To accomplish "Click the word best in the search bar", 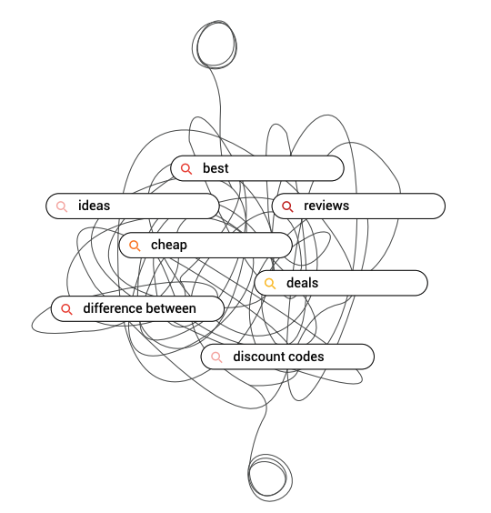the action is [215, 168].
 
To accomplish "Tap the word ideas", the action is [94, 206].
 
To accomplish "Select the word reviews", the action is [326, 206].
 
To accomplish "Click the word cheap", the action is [169, 245].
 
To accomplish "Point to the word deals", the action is [302, 283].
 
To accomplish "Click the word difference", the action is [112, 308].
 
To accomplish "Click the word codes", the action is [305, 357].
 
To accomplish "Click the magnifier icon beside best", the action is [186, 169].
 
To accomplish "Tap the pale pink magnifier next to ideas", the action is [62, 206].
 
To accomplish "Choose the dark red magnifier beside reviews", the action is [287, 206].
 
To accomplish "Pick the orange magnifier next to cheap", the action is [135, 246].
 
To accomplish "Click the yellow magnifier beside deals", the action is [270, 283].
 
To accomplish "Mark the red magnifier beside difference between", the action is [66, 309].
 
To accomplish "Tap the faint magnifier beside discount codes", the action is [216, 357].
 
